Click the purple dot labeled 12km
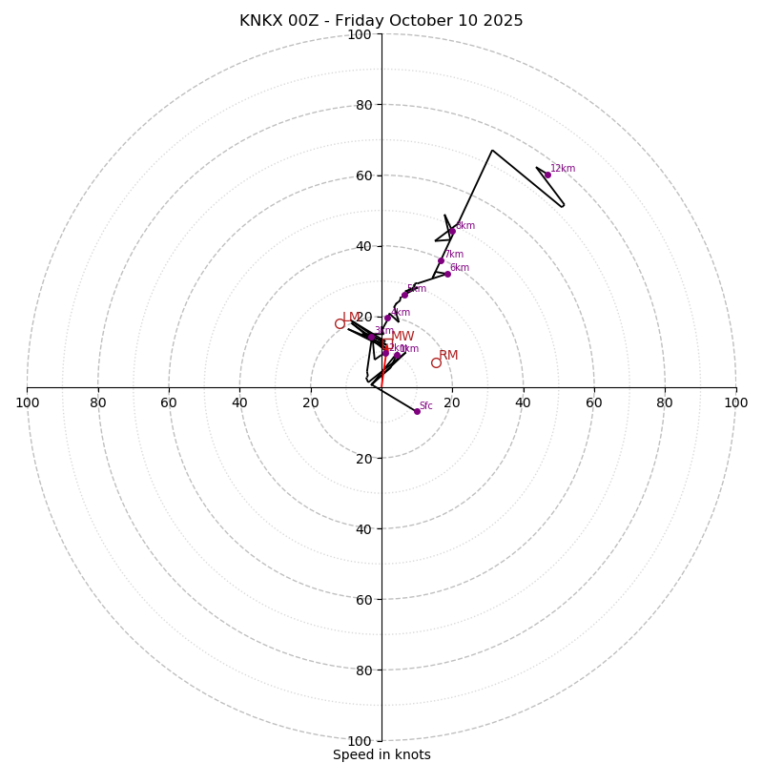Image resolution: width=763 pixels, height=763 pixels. tap(547, 175)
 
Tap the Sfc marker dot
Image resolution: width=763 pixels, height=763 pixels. tap(417, 411)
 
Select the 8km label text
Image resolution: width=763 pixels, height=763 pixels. tap(464, 226)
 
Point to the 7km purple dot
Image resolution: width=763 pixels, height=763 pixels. tap(441, 260)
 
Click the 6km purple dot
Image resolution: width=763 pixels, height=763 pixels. tap(447, 274)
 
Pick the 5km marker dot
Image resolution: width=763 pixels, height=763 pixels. tap(404, 295)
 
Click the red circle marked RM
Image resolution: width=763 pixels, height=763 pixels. tap(436, 362)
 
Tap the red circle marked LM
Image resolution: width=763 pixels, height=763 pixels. tap(340, 323)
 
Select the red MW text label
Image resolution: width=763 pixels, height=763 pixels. tap(402, 337)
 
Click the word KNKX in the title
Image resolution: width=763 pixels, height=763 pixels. tap(259, 21)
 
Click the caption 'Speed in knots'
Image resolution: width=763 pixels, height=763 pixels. tap(381, 754)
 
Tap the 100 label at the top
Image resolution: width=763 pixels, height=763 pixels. tap(359, 34)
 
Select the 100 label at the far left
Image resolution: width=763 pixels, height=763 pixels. tap(27, 402)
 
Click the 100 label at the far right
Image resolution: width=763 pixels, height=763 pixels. tap(735, 402)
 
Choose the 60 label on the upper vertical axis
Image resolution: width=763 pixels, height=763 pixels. tap(363, 175)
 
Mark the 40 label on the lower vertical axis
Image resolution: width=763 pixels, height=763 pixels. tap(363, 528)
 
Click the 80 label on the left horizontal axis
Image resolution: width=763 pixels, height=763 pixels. tap(98, 402)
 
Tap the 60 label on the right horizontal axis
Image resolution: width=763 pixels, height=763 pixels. tap(594, 402)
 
